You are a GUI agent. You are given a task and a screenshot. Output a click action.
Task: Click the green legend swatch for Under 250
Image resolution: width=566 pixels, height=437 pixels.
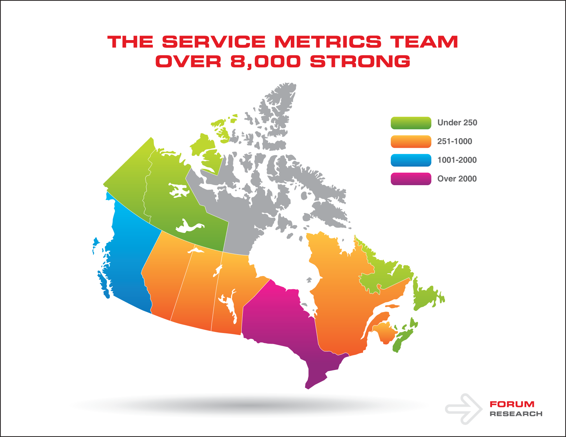tap(411, 123)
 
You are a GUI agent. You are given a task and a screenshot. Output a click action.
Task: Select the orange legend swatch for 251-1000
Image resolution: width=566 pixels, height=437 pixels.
tap(411, 142)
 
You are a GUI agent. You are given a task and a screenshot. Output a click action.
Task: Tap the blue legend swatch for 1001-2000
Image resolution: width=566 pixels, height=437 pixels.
tap(411, 160)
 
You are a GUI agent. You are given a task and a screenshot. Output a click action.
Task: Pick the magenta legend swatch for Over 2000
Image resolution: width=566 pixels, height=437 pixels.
tap(411, 179)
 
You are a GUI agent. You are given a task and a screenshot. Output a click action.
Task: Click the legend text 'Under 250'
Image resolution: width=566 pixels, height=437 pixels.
tap(457, 123)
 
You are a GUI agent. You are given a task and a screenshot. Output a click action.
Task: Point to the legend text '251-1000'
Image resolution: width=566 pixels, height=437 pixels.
tap(455, 141)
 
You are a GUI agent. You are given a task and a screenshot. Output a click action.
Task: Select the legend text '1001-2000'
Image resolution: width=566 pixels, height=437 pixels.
tap(457, 160)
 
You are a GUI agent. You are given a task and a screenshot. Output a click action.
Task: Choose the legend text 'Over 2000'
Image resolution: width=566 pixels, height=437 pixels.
tap(457, 179)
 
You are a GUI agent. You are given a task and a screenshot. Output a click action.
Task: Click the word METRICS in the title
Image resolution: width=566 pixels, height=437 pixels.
tap(328, 42)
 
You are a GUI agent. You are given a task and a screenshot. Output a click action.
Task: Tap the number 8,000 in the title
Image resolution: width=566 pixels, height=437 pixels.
tap(266, 62)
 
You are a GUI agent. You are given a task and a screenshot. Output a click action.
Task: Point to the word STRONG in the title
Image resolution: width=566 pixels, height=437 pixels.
tap(360, 61)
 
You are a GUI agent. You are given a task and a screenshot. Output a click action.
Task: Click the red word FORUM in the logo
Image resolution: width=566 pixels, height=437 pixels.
tap(512, 404)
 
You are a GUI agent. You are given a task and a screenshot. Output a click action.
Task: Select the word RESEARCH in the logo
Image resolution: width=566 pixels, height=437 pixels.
tap(516, 414)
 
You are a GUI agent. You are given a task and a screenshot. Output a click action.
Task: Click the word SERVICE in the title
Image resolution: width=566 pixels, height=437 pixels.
tap(214, 42)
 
